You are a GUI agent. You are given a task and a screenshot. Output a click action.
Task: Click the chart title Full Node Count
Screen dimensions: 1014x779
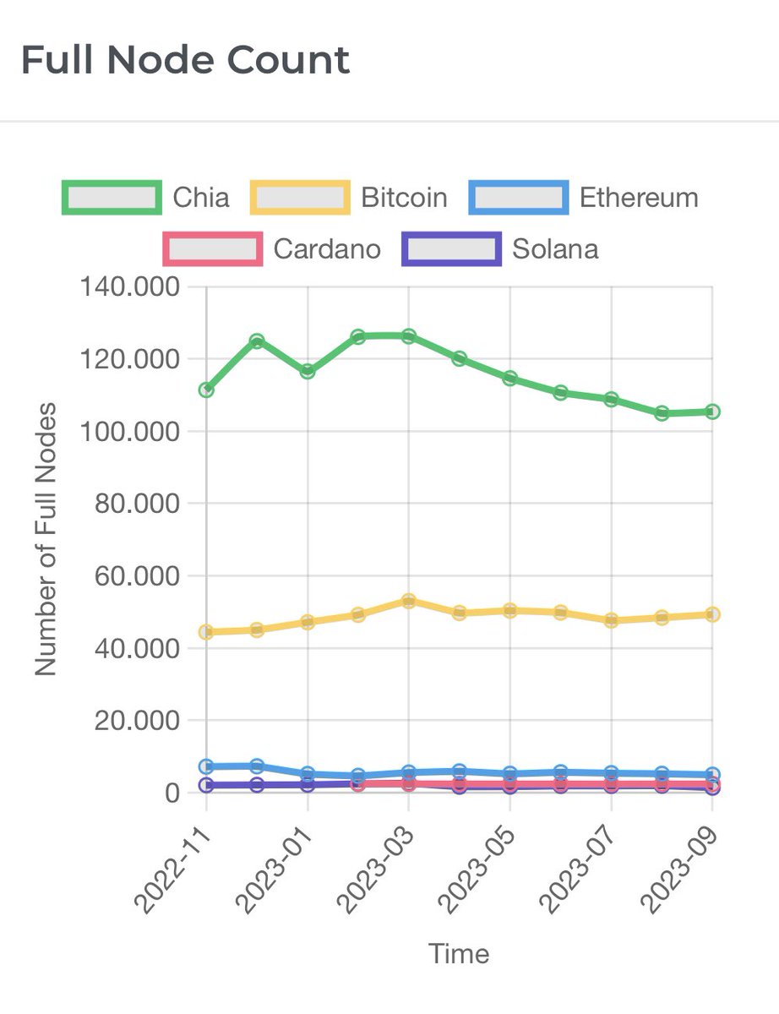coord(185,61)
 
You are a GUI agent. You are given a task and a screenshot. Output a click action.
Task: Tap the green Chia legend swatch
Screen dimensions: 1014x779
coord(112,197)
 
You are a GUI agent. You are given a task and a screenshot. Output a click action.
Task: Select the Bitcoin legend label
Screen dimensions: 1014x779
coord(404,198)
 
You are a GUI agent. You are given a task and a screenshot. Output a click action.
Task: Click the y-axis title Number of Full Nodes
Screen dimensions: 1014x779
coord(46,539)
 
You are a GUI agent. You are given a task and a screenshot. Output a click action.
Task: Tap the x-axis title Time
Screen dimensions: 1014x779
coord(459,954)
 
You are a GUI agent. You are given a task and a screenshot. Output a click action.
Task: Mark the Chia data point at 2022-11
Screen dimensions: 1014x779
coord(206,390)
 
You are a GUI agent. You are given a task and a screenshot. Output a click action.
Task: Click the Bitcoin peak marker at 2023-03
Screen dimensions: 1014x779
coord(409,601)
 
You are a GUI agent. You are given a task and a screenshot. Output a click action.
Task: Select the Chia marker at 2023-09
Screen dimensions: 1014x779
coord(712,412)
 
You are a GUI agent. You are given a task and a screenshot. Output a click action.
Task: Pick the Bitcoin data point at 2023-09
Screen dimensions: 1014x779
coord(712,614)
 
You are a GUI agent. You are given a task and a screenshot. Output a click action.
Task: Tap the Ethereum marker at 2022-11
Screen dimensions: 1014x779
coord(206,766)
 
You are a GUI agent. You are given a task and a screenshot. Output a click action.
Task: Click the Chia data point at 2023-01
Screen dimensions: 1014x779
coord(308,371)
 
